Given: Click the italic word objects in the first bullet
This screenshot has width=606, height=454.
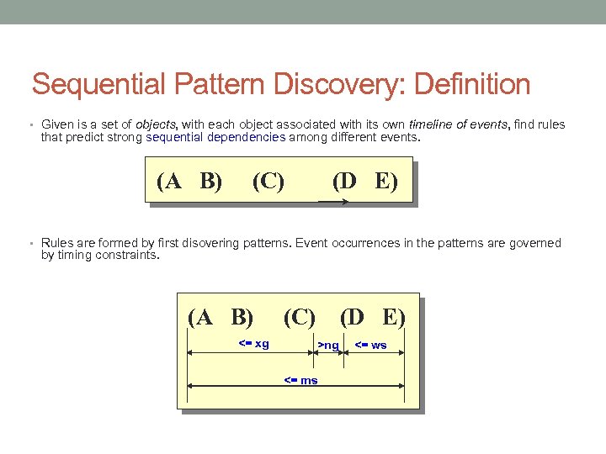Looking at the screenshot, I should [x=156, y=124].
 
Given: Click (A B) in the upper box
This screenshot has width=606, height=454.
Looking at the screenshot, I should [x=189, y=181].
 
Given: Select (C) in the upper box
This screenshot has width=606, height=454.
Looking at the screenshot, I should [x=268, y=181].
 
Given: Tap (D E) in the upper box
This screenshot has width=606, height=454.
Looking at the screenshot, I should [x=364, y=181].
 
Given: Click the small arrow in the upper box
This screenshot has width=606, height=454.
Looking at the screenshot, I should [x=332, y=202].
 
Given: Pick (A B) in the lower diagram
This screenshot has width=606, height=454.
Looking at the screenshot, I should [x=221, y=317].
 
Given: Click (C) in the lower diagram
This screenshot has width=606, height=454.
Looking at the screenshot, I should [x=300, y=317].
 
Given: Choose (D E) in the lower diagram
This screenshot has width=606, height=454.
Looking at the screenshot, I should [x=373, y=317].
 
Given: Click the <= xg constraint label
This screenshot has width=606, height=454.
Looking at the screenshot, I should [x=254, y=343].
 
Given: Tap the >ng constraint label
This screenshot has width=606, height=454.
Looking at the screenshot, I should [x=328, y=345].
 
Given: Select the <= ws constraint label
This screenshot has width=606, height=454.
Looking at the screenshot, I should [x=370, y=345].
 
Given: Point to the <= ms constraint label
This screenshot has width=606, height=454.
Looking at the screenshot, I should [x=300, y=380].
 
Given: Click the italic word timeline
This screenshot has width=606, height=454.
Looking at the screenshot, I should [x=432, y=124].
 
